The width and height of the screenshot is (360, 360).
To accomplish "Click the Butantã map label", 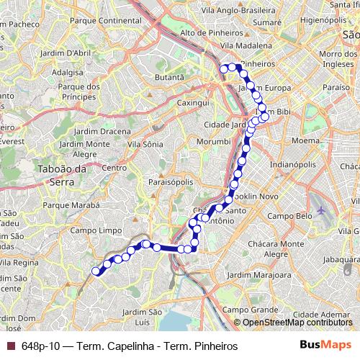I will [171, 76].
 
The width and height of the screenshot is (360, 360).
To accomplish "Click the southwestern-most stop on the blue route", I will [96, 271].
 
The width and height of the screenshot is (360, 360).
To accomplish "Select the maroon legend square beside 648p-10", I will [10, 346].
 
